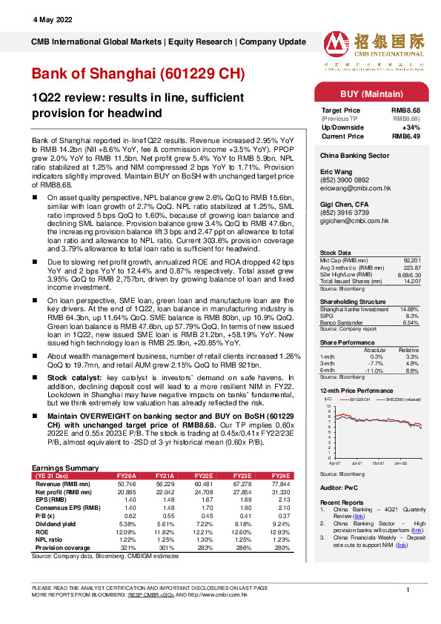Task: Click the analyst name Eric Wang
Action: (336, 170)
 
